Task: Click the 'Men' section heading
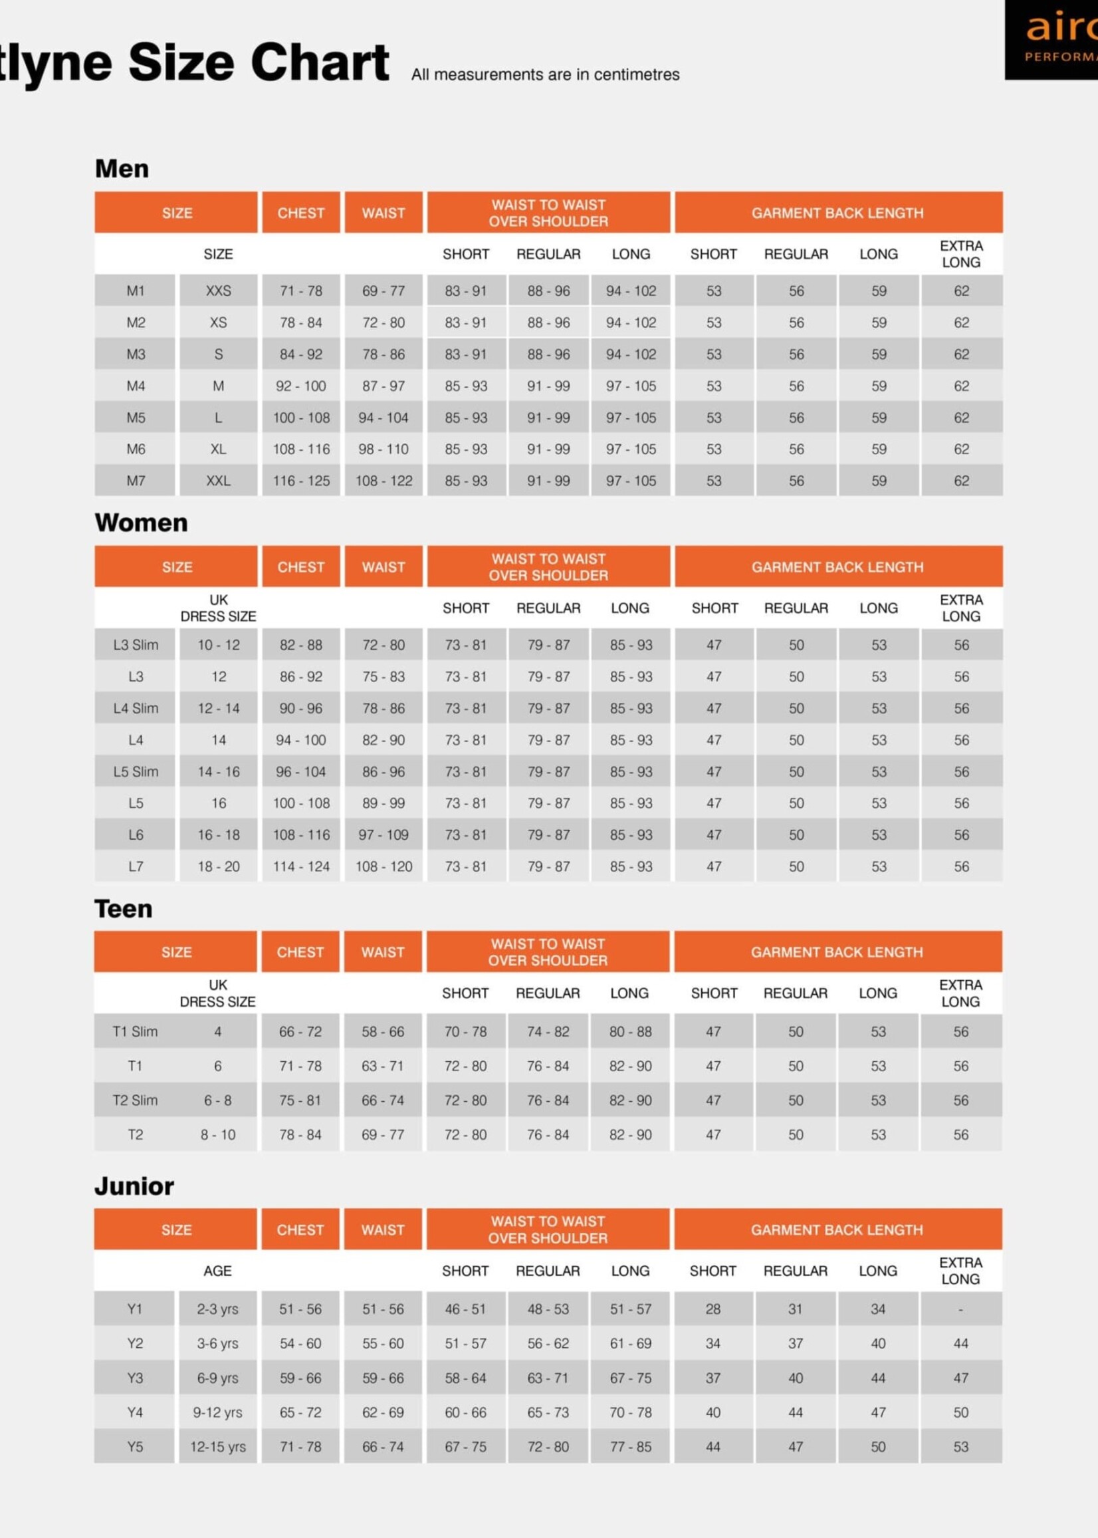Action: pos(122,168)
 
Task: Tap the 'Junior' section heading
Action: pos(134,1186)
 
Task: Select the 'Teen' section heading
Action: pos(123,908)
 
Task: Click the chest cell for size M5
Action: pos(301,418)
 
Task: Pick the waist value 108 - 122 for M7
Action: pos(384,481)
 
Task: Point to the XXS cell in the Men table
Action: pos(219,291)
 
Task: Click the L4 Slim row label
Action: pos(135,708)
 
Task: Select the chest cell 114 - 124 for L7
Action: pos(301,866)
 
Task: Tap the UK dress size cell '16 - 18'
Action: pos(219,834)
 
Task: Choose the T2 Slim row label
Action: pos(134,1100)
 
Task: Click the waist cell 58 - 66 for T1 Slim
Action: pos(383,1031)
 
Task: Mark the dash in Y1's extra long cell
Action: pos(961,1309)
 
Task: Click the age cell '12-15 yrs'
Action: pos(218,1447)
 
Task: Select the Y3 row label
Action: pos(134,1378)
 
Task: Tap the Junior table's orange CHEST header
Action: pos(300,1229)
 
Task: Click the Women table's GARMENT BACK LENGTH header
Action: pos(837,567)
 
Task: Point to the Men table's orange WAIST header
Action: pos(384,213)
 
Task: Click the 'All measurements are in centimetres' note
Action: pos(545,74)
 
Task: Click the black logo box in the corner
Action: pos(1051,40)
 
